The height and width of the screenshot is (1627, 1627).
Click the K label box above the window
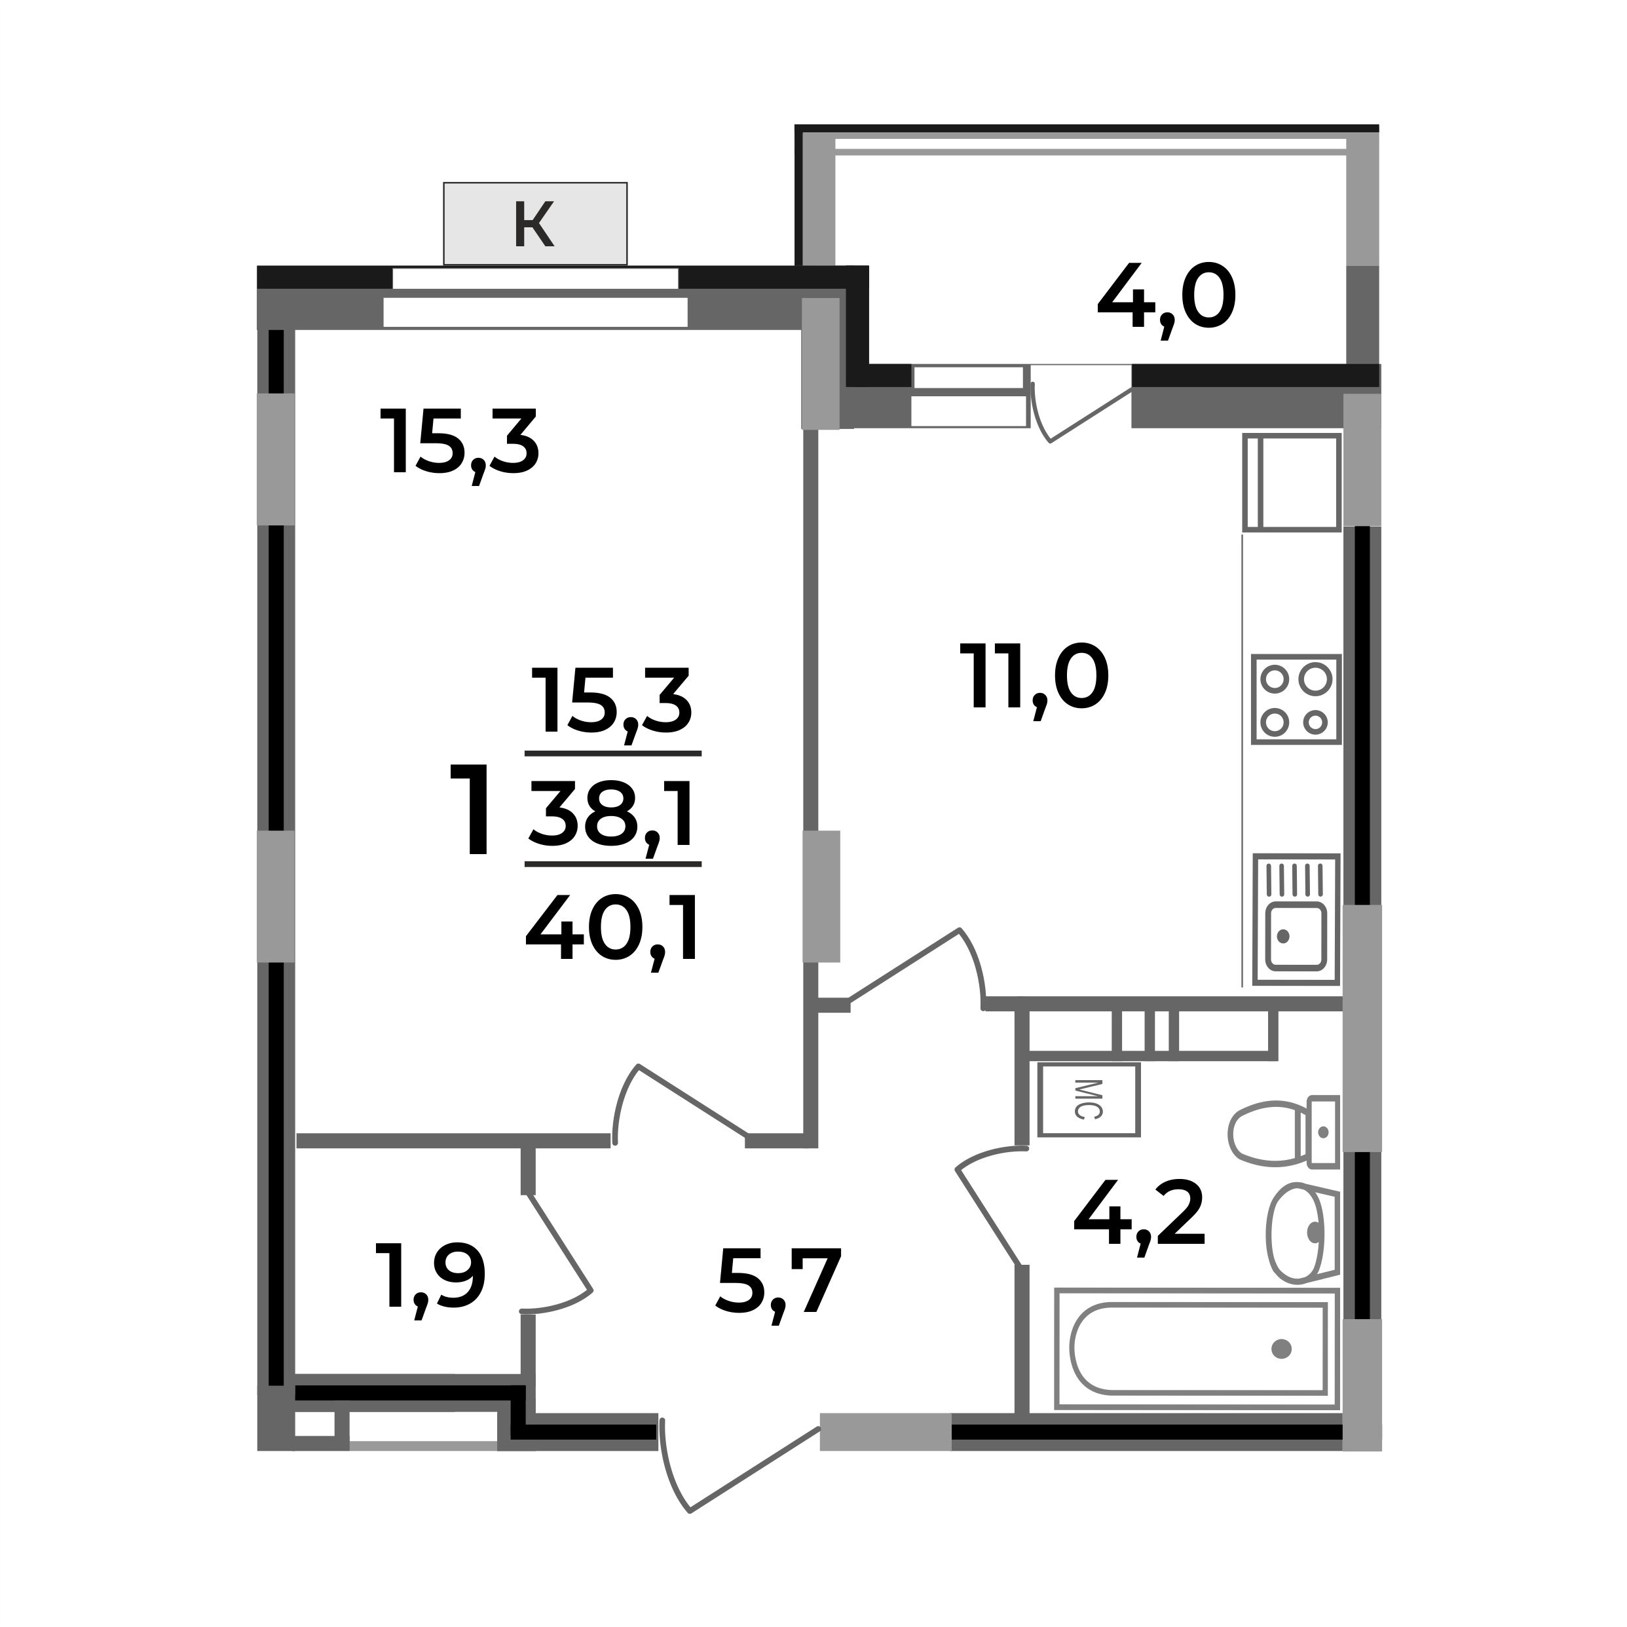point(534,223)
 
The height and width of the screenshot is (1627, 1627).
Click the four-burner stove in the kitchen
point(1295,700)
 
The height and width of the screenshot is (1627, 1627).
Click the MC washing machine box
point(1088,1100)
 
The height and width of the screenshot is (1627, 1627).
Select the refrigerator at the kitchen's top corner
point(1291,483)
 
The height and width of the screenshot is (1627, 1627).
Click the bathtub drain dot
point(1281,1349)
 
